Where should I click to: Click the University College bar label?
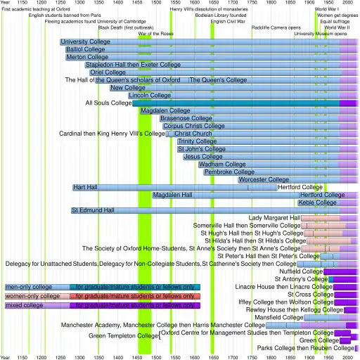[x=84, y=42]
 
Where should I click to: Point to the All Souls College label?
[x=108, y=103]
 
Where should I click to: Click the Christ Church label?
[x=193, y=134]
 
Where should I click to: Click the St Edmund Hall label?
[x=93, y=210]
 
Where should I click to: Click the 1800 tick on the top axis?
[x=271, y=4]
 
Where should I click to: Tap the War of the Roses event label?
[x=156, y=34]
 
